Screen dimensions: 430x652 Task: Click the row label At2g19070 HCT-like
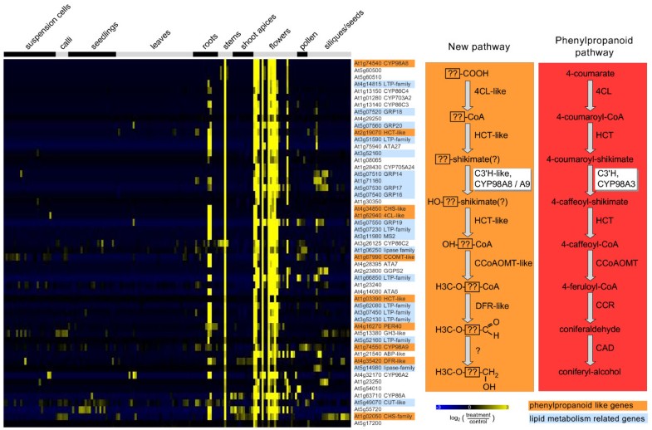[x=378, y=132]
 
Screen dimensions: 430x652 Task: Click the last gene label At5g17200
[x=366, y=423]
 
